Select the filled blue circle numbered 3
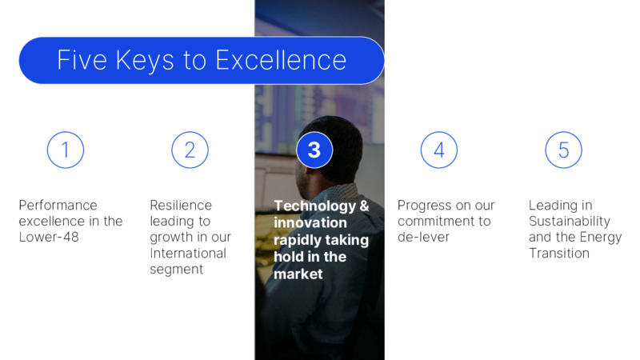314,150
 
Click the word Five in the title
82,60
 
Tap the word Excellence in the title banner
281,60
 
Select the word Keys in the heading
145,62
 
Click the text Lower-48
49,237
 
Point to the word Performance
58,205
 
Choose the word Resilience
181,205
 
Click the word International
188,253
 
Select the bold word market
298,274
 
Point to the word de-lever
423,237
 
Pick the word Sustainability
570,222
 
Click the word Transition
558,253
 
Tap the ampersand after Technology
364,206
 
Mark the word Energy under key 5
601,238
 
